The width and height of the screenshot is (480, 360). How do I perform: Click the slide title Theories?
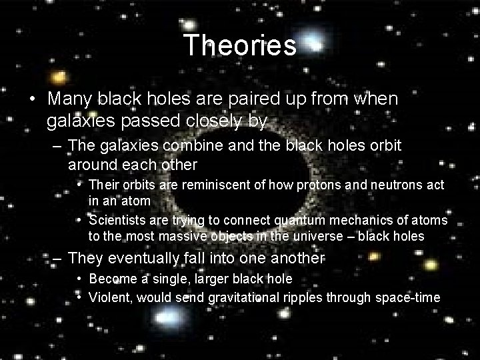240,45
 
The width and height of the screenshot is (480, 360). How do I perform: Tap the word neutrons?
364,183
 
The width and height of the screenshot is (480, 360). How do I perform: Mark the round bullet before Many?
33,99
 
